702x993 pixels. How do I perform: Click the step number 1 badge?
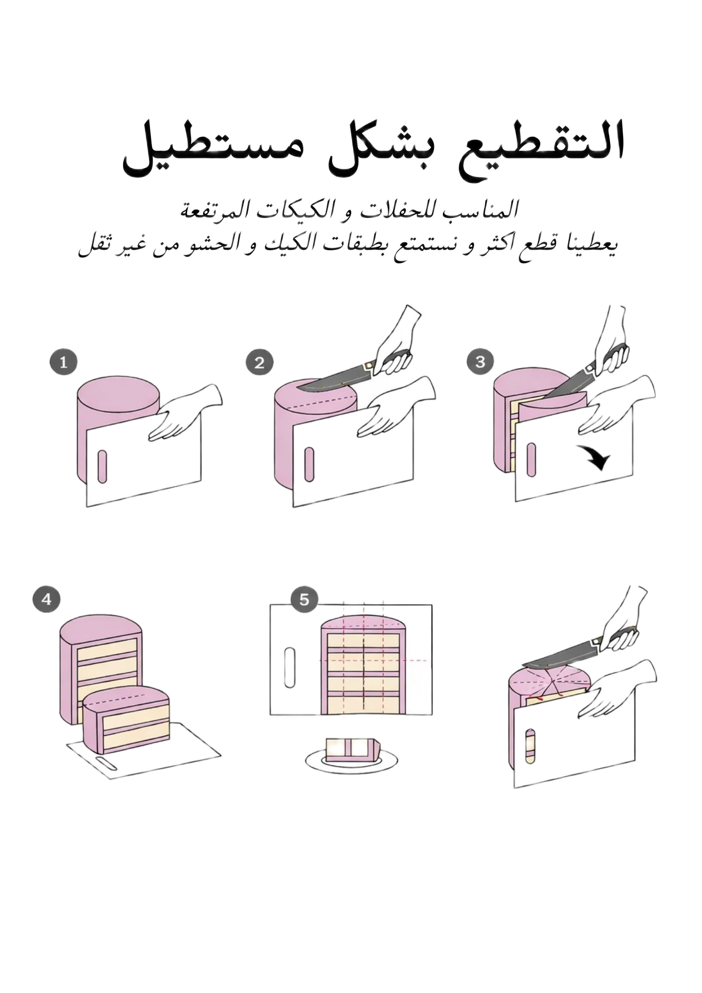click(63, 362)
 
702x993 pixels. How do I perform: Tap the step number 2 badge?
click(259, 363)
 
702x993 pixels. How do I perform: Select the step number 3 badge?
click(480, 361)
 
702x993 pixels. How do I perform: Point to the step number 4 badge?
click(47, 599)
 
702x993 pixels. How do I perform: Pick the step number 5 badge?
click(304, 600)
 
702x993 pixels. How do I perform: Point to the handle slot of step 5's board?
click(289, 668)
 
